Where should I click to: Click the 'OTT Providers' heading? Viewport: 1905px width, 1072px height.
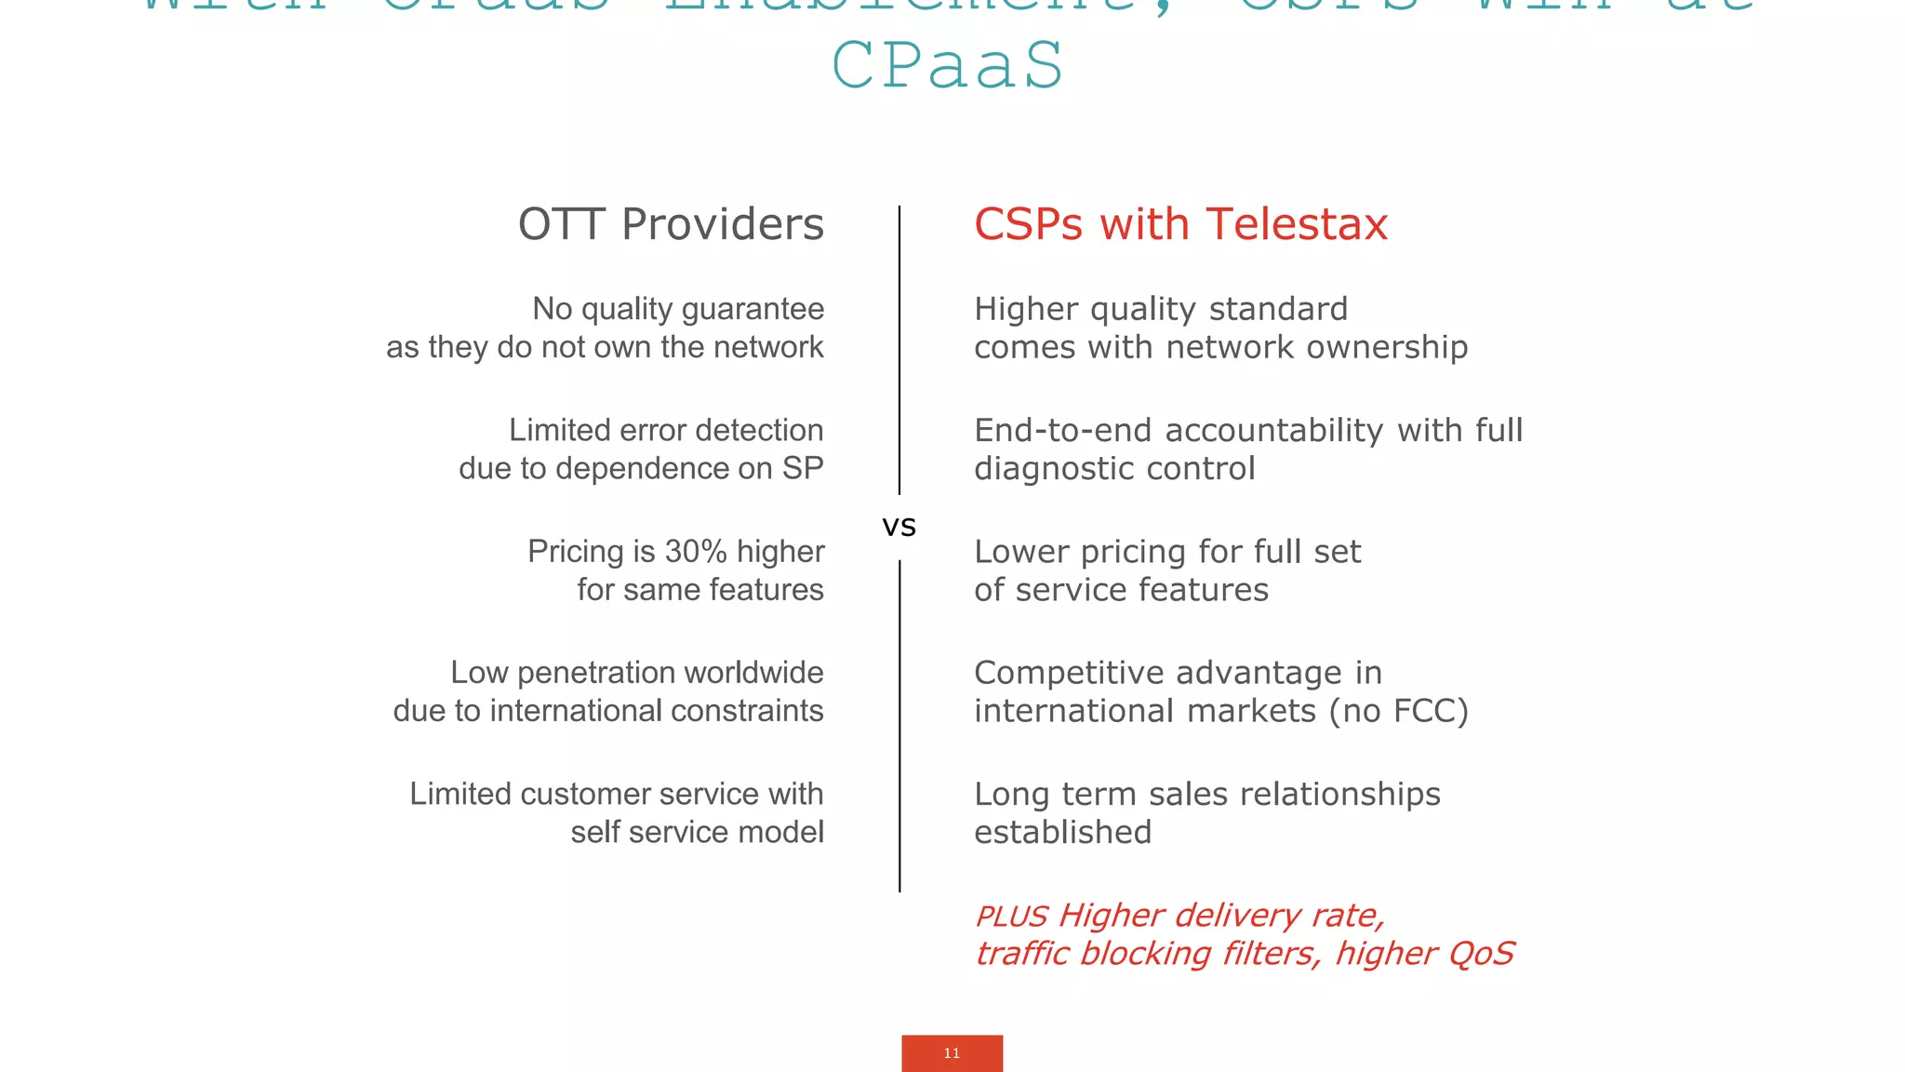671,224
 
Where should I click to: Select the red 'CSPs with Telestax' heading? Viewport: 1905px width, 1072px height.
1180,224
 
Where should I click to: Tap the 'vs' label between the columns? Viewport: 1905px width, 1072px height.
899,527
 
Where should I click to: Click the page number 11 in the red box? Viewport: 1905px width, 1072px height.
952,1053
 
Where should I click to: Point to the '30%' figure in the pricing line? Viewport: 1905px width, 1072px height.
696,552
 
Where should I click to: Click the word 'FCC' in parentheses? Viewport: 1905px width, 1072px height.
1426,711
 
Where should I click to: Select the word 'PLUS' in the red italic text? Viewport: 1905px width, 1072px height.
1011,917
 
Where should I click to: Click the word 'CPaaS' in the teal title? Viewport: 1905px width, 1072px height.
948,66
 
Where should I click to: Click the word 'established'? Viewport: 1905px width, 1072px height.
1062,832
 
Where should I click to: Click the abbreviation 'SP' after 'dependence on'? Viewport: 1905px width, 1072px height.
803,468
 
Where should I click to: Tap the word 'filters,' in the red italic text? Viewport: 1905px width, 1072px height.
1272,954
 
